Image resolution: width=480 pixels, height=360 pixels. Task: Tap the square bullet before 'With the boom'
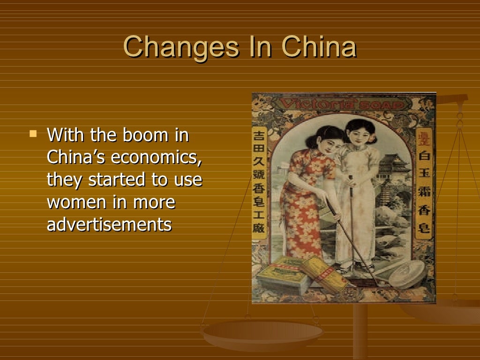[x=33, y=134]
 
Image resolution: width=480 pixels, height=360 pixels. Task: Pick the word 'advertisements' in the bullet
[x=109, y=225]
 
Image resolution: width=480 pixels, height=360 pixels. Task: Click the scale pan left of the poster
[x=262, y=334]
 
